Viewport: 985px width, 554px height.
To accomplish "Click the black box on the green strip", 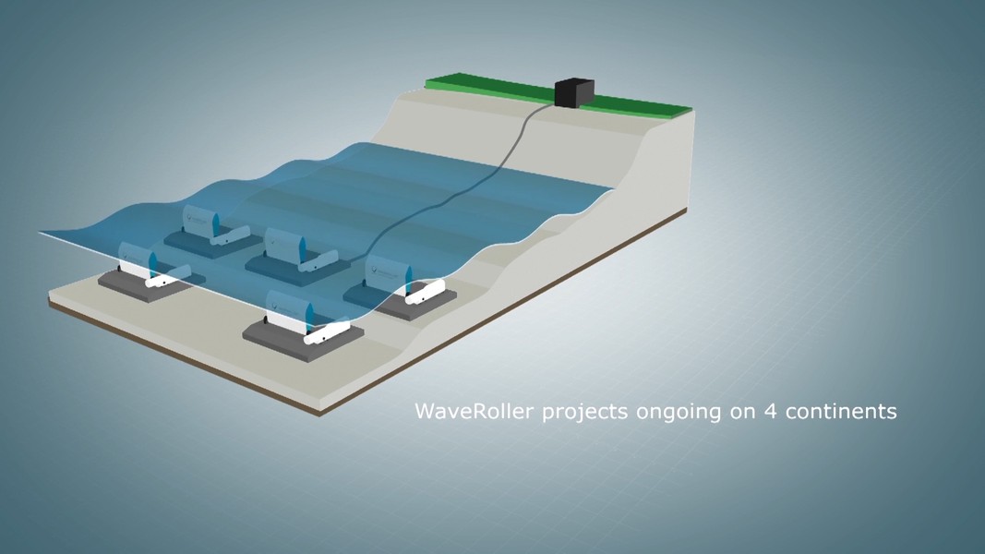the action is click(574, 92).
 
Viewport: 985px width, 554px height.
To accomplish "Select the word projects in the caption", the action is click(584, 413).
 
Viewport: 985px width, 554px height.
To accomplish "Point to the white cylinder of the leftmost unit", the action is click(168, 276).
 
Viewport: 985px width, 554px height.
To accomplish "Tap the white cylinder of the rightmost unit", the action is click(426, 292).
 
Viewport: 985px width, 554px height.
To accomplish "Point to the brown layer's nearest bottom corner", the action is click(319, 415).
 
